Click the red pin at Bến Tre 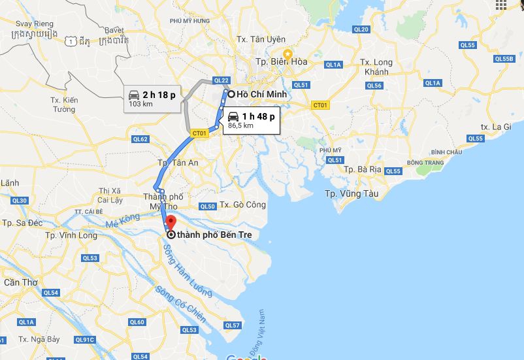171,222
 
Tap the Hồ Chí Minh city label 261,94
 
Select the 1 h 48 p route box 252,120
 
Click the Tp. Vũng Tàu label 352,193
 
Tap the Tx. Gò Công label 243,205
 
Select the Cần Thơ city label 20,282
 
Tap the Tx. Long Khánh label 376,67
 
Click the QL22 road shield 221,80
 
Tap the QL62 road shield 140,139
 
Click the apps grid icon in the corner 501,5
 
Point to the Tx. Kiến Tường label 64,105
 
